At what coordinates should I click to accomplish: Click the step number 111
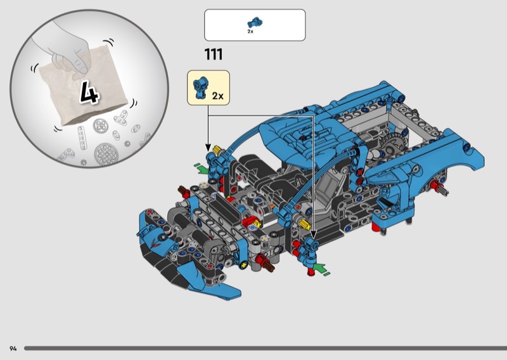point(214,55)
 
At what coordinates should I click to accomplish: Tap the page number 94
point(13,349)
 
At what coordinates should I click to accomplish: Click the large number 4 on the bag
point(89,93)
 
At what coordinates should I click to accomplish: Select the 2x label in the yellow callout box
point(217,96)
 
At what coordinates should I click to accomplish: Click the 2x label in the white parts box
point(250,32)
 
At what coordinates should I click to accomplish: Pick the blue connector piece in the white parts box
point(255,22)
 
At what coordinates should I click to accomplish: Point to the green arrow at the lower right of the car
point(321,269)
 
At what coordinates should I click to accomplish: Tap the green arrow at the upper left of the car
point(202,168)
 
